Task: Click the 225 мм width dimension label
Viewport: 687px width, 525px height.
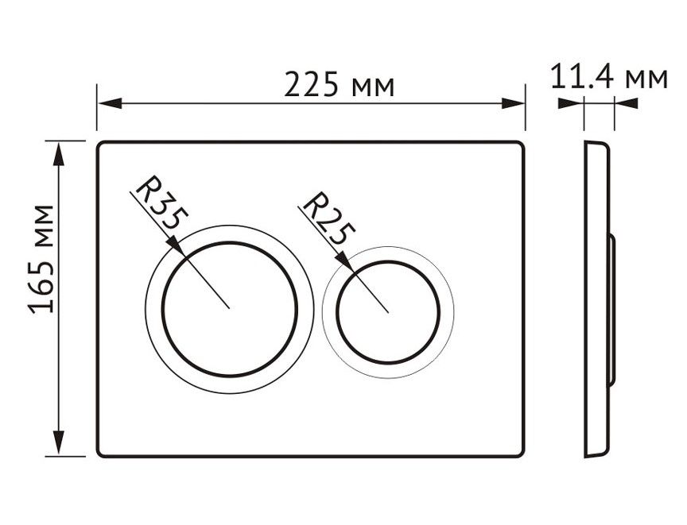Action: pyautogui.click(x=340, y=84)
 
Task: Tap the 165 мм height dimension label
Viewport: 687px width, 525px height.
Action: pyautogui.click(x=41, y=259)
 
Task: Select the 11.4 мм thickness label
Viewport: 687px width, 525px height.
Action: pyautogui.click(x=609, y=77)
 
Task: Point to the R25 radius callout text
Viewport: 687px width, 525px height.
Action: pyautogui.click(x=328, y=218)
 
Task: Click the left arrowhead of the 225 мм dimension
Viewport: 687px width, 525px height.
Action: pyautogui.click(x=110, y=104)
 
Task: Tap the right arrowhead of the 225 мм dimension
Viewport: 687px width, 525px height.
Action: pyautogui.click(x=513, y=104)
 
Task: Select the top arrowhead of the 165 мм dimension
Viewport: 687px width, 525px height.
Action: pyautogui.click(x=58, y=153)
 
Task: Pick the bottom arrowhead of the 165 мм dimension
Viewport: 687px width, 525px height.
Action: pyautogui.click(x=58, y=444)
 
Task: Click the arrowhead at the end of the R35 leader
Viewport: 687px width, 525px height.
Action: pyautogui.click(x=177, y=245)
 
